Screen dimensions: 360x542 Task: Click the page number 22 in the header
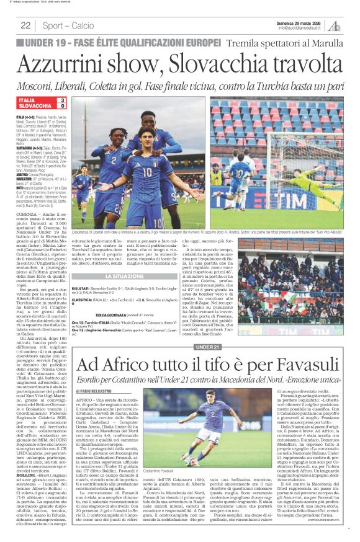point(26,25)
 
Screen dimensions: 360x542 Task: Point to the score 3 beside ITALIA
point(62,100)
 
